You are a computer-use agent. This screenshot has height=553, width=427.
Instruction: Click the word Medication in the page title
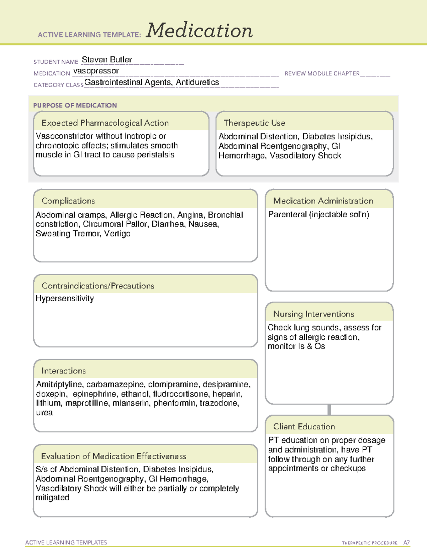199,31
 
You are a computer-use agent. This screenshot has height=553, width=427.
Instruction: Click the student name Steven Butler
107,59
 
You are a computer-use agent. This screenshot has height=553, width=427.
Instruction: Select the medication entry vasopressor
96,71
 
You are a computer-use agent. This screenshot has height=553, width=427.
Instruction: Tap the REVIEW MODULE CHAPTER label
322,73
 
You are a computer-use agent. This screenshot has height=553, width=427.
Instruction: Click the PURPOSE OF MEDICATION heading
75,105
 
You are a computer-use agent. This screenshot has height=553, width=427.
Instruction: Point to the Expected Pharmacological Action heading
105,123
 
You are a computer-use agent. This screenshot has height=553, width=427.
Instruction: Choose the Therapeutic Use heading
254,123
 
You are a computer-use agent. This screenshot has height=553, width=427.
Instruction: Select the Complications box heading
68,201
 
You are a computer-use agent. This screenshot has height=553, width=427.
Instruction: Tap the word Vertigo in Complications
117,234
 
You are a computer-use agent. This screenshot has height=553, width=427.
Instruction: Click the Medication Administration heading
323,201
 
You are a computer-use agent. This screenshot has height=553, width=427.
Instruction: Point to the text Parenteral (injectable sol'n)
319,214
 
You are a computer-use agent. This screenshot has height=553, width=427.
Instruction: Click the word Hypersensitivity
65,298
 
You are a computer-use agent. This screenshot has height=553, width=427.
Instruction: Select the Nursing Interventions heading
313,314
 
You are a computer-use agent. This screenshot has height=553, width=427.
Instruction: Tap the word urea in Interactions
44,413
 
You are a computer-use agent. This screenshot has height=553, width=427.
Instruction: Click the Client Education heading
304,427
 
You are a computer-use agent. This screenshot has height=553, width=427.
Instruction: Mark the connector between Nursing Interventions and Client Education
329,409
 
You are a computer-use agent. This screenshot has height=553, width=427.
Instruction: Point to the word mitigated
52,498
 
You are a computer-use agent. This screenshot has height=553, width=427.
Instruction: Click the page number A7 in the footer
406,543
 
